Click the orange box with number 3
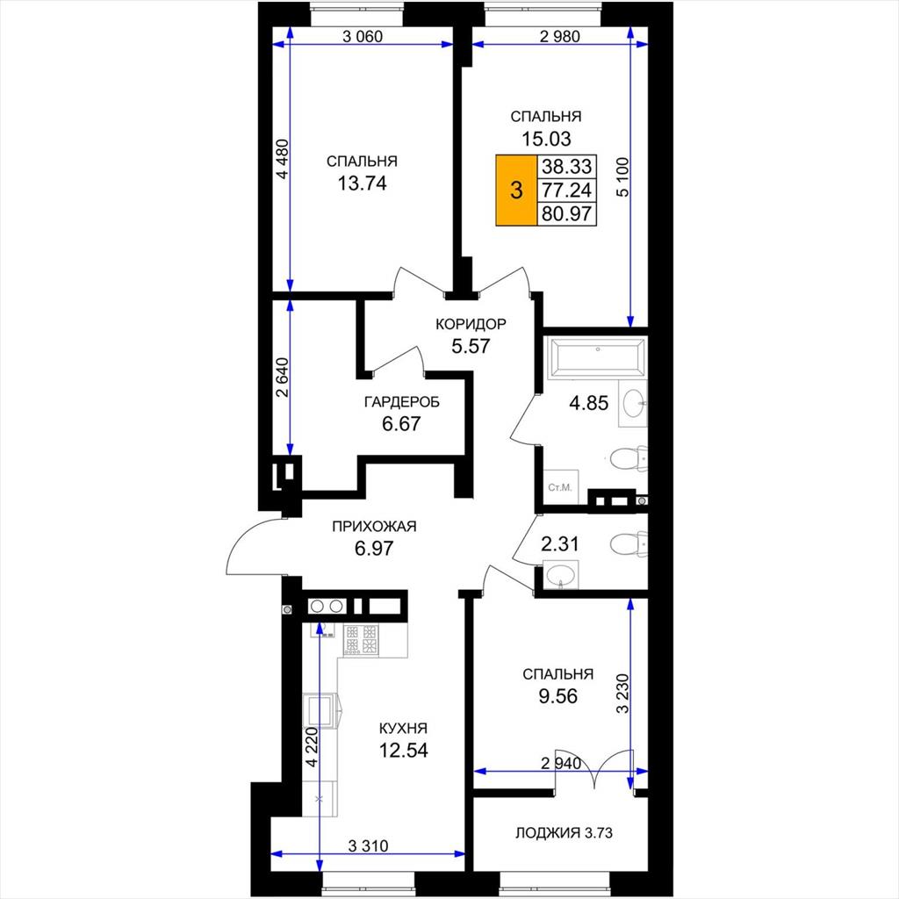coord(516,190)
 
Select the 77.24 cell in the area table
coord(566,190)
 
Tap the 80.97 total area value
coord(566,213)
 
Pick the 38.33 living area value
coord(566,166)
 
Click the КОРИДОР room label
coord(471,325)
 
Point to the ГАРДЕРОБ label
coord(402,402)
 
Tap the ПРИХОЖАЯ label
coord(374,527)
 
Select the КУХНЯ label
coord(403,728)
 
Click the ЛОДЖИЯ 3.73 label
coord(564,832)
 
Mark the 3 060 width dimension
coord(362,37)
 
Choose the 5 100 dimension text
coord(622,177)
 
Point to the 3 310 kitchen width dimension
coord(368,845)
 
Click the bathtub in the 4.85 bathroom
coord(597,358)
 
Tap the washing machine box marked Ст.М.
coord(561,487)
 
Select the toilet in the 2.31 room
coord(629,543)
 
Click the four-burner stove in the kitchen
coord(361,639)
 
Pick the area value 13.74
coord(362,183)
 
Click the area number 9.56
coord(557,696)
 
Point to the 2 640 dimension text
coord(282,378)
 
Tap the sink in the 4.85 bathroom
coord(633,403)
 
